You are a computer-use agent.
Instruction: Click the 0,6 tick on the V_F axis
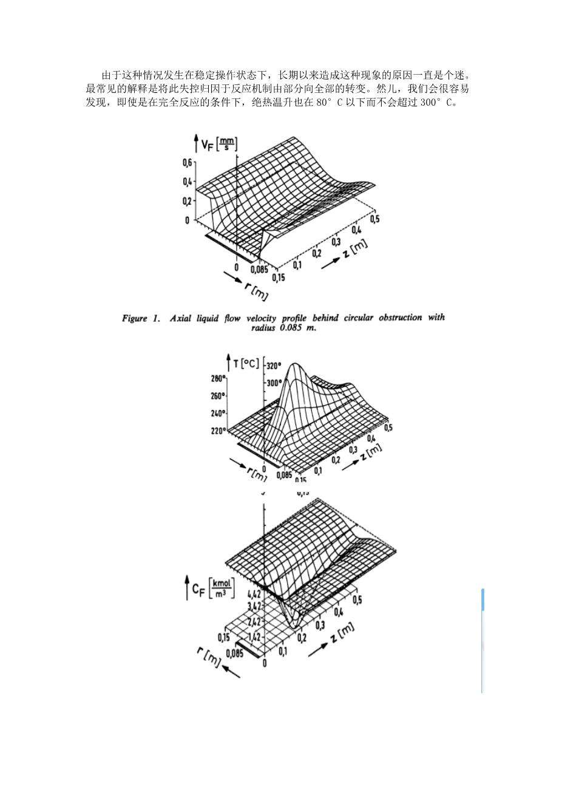(186, 162)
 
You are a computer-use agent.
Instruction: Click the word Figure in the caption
(134, 318)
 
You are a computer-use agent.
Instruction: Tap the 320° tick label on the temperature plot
(274, 366)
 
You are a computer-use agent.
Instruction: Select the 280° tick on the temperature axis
(218, 379)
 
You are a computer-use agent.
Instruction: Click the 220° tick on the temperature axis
(218, 431)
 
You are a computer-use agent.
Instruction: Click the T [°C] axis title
(246, 364)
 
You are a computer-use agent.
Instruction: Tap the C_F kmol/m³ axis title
(212, 588)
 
